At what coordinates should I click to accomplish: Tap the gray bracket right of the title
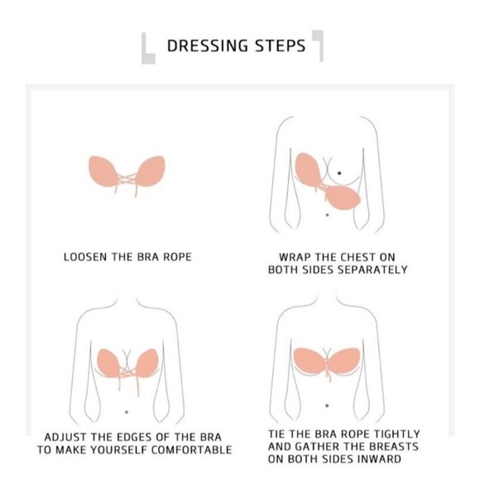coord(318,45)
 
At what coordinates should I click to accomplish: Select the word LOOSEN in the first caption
coord(86,257)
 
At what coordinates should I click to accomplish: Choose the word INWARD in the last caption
coord(380,459)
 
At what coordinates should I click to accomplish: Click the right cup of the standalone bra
coord(148,170)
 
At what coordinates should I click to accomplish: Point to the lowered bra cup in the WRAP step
coord(341,197)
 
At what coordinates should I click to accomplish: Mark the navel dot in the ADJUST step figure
coord(126,412)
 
